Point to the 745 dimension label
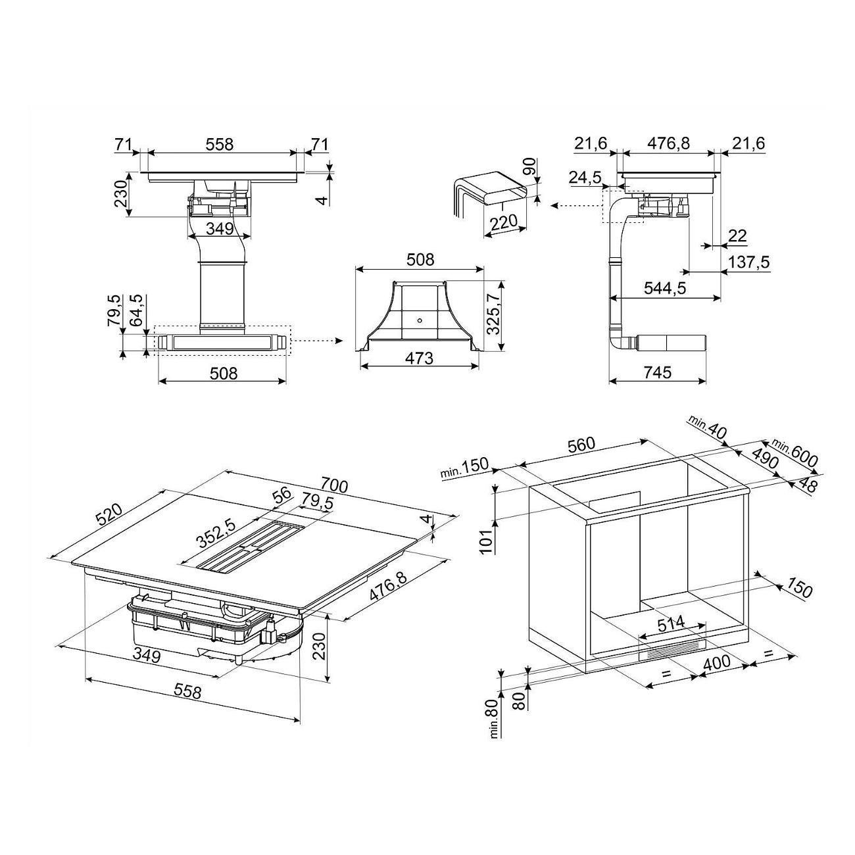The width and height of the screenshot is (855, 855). pyautogui.click(x=658, y=372)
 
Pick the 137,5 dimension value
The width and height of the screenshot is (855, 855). pyautogui.click(x=748, y=262)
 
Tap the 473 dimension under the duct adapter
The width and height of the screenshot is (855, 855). pyautogui.click(x=419, y=358)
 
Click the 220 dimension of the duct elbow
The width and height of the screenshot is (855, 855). pyautogui.click(x=503, y=222)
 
